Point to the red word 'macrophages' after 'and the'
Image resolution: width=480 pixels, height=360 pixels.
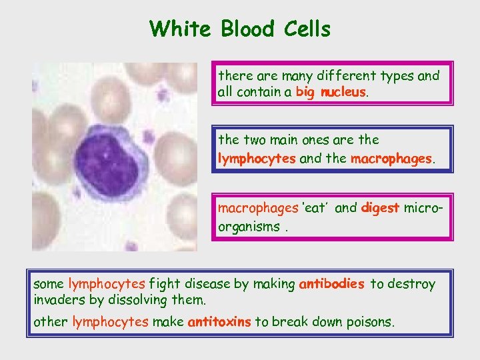point(392,159)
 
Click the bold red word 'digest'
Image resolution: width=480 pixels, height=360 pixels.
point(379,207)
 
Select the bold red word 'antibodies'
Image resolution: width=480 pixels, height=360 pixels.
point(331,284)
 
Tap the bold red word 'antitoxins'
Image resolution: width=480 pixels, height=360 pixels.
point(219,322)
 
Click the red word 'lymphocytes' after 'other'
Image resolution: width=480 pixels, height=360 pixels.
point(110,322)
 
